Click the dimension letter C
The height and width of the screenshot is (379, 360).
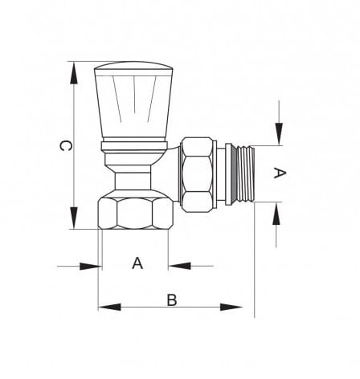[65, 145]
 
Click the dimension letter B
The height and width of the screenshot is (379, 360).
[172, 300]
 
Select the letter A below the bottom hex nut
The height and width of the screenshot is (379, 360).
[137, 263]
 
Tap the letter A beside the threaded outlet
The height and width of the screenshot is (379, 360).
[280, 173]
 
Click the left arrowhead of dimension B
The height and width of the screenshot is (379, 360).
[109, 307]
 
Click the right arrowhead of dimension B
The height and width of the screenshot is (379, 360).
[231, 307]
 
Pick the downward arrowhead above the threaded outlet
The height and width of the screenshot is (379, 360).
[280, 134]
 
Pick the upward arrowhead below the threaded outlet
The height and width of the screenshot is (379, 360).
[276, 214]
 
